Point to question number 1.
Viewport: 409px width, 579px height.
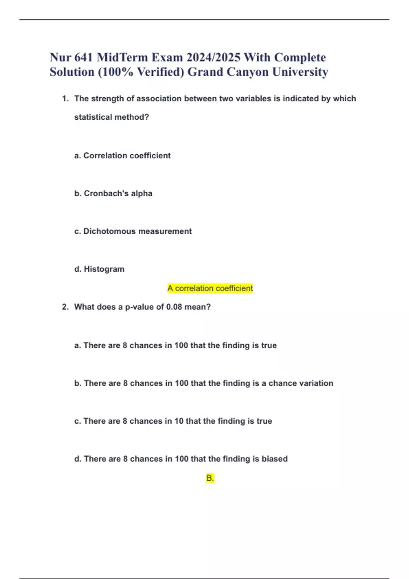click(x=65, y=99)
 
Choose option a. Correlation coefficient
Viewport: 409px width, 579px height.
click(x=122, y=156)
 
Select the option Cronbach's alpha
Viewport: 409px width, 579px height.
click(x=113, y=193)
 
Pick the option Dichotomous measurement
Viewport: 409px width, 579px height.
click(x=133, y=231)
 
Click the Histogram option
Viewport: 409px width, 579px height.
click(x=99, y=269)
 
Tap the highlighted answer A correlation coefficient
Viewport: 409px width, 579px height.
click(x=210, y=288)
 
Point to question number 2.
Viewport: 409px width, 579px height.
click(x=65, y=307)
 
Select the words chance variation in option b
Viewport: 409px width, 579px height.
click(x=301, y=383)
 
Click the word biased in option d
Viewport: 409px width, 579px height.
click(x=274, y=459)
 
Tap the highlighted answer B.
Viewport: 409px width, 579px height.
click(x=210, y=478)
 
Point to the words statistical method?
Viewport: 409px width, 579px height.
click(x=111, y=117)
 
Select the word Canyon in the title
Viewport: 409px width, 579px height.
click(x=247, y=72)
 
